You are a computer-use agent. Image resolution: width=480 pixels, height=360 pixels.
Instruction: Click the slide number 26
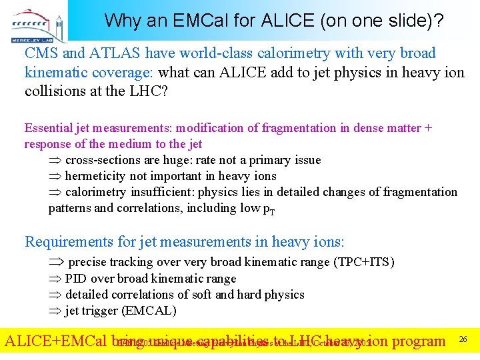point(463,340)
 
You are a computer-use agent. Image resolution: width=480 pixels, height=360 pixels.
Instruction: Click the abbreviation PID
point(76,279)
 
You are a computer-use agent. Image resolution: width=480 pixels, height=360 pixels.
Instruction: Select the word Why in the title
point(120,21)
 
